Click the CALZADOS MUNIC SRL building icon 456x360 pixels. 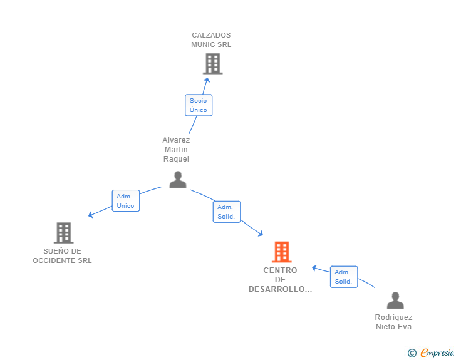pyautogui.click(x=212, y=63)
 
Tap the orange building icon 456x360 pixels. pyautogui.click(x=281, y=252)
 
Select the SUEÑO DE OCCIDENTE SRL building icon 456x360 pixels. pyautogui.click(x=63, y=233)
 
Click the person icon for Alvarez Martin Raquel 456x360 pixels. pyautogui.click(x=178, y=180)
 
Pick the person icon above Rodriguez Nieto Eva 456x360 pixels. pyautogui.click(x=395, y=300)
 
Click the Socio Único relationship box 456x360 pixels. pyautogui.click(x=199, y=105)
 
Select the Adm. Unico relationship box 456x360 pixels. pyautogui.click(x=126, y=200)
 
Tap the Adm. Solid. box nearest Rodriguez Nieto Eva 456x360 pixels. pyautogui.click(x=344, y=277)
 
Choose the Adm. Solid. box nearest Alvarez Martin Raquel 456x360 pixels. pyautogui.click(x=227, y=212)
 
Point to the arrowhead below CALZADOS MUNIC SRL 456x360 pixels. pyautogui.click(x=207, y=80)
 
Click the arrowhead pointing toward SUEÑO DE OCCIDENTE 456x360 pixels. pyautogui.click(x=90, y=215)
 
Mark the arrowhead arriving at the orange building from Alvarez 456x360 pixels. pyautogui.click(x=261, y=234)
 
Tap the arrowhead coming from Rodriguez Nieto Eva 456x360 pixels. pyautogui.click(x=314, y=267)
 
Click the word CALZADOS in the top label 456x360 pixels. pyautogui.click(x=211, y=35)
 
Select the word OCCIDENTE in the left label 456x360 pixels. pyautogui.click(x=51, y=260)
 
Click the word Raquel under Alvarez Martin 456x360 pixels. pyautogui.click(x=176, y=159)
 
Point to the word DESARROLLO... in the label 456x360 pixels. pyautogui.click(x=280, y=289)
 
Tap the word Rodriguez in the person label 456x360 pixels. pyautogui.click(x=393, y=317)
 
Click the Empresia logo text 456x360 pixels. pyautogui.click(x=437, y=353)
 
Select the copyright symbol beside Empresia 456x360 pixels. pyautogui.click(x=412, y=353)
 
